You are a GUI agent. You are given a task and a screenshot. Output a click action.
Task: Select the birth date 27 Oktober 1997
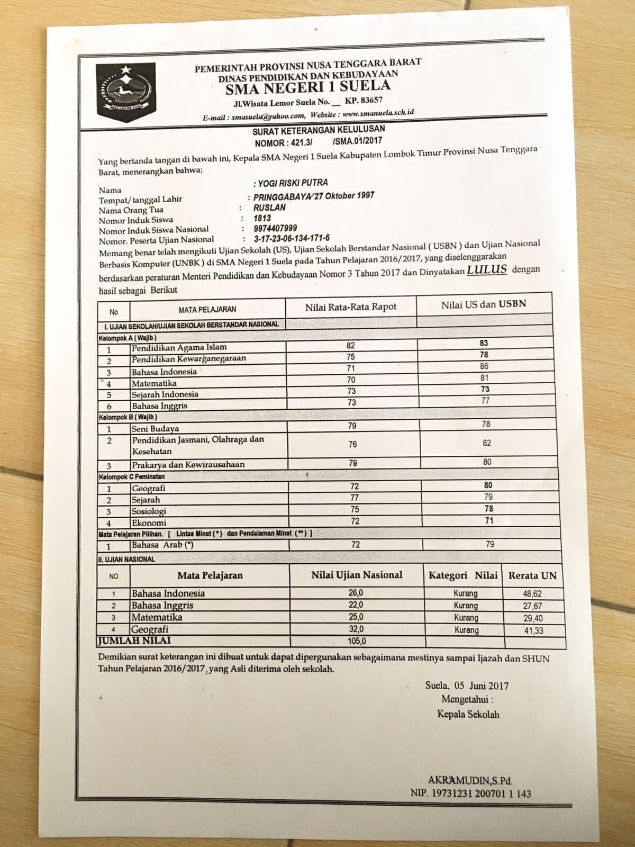click(x=349, y=195)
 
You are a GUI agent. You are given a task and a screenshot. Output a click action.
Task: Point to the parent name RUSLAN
click(x=269, y=208)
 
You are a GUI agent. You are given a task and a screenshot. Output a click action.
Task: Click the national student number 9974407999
click(x=275, y=228)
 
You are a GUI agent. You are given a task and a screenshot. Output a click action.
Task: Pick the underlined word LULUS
click(x=486, y=269)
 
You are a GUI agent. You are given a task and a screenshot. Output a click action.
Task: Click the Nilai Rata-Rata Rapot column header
click(x=351, y=307)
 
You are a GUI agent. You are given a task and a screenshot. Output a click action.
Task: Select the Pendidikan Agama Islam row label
click(x=179, y=348)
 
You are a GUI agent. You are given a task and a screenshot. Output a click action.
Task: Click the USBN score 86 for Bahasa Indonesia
click(x=484, y=366)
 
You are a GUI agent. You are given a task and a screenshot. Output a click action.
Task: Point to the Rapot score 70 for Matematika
click(x=351, y=380)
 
